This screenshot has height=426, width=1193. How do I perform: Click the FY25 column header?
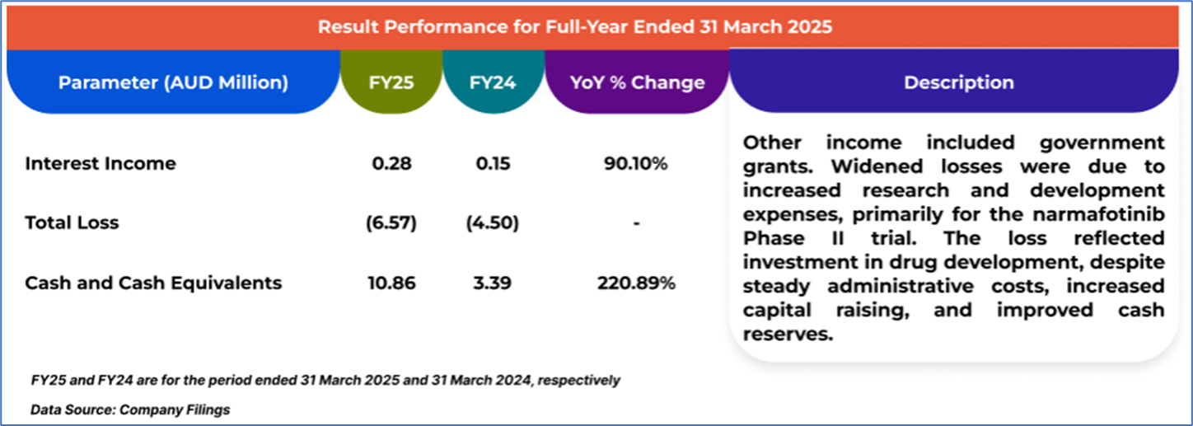(x=391, y=82)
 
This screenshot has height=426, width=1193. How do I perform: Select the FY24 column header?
(x=493, y=82)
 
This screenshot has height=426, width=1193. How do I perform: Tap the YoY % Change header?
(x=637, y=82)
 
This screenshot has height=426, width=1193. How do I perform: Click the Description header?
(x=958, y=82)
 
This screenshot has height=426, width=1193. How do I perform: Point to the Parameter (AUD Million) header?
(x=173, y=82)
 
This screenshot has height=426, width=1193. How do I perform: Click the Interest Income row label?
(x=101, y=163)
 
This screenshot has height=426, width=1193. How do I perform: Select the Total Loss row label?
(x=72, y=222)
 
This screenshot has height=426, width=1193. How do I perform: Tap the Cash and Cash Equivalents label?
(x=153, y=283)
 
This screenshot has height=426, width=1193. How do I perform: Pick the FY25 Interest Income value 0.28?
(x=391, y=163)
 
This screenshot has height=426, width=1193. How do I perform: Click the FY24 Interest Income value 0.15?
(x=493, y=163)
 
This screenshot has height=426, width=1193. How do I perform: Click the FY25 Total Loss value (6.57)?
(x=391, y=222)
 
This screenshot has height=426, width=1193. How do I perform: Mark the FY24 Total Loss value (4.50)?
(x=493, y=222)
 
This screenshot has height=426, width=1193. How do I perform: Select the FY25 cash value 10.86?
(x=391, y=283)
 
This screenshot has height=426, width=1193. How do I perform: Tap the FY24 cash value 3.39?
(x=493, y=283)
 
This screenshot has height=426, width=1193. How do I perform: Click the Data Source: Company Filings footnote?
(x=130, y=409)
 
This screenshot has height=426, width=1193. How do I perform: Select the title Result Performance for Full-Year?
(x=575, y=26)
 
